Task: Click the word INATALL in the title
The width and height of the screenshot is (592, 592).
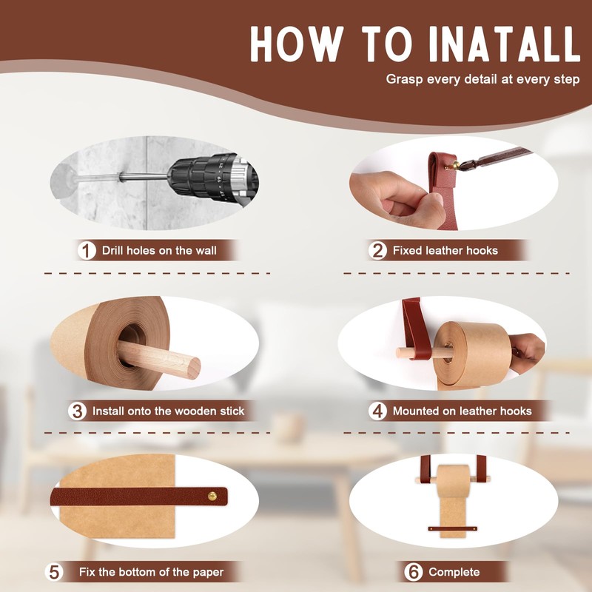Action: [504, 44]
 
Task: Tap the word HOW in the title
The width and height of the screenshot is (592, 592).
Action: [297, 44]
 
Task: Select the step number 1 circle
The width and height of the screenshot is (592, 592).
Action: [87, 250]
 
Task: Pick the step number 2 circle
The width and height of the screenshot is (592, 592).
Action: [378, 250]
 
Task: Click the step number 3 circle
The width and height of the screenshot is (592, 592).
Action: [78, 411]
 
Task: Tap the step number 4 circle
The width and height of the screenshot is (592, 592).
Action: [378, 411]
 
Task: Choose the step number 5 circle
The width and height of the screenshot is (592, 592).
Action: [54, 572]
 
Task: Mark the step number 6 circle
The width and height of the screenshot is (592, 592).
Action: [414, 572]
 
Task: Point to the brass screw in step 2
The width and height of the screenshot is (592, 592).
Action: [454, 165]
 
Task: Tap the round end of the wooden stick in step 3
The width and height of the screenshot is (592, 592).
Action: [194, 368]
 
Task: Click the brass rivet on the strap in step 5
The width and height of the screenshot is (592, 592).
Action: [212, 496]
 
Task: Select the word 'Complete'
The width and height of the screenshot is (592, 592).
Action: [454, 572]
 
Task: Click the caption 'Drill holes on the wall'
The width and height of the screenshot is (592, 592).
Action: [159, 251]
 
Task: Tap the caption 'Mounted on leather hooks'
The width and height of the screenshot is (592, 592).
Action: [462, 411]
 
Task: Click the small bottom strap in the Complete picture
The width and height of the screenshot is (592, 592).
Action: [452, 528]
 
